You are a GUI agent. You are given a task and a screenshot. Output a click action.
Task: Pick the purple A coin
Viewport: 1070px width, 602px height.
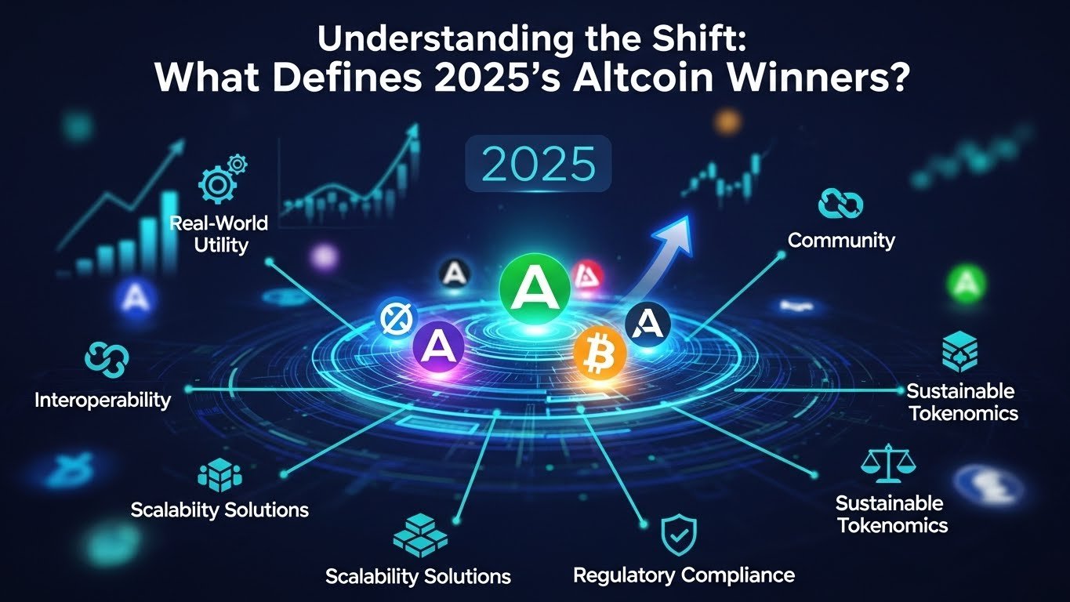[x=436, y=345]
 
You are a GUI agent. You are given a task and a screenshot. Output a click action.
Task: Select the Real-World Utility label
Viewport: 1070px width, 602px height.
[x=219, y=234]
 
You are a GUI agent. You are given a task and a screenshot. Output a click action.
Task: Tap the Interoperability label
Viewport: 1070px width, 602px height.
[x=103, y=400]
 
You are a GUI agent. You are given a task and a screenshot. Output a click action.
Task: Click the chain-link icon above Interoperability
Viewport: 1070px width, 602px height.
[x=106, y=360]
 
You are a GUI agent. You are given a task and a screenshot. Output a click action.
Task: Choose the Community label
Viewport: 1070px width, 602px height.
[x=841, y=240]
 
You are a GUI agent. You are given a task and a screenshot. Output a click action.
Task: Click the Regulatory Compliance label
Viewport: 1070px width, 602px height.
[x=684, y=575]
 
